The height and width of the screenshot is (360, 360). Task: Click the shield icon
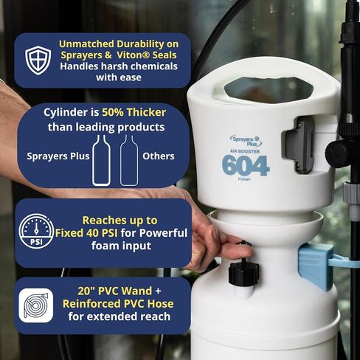(38, 60)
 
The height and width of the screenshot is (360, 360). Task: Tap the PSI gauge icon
(36, 231)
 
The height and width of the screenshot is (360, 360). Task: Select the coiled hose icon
(36, 305)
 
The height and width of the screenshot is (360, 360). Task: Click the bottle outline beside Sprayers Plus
(101, 160)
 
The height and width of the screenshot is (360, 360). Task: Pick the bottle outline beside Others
(129, 160)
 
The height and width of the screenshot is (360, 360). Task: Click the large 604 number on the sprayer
(246, 165)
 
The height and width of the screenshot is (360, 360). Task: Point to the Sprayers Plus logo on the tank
(246, 141)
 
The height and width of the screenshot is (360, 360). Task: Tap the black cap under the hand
(243, 271)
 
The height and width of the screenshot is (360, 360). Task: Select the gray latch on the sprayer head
(299, 145)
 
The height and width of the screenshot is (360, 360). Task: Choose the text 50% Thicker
(134, 112)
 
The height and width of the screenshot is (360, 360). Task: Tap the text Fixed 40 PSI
(86, 233)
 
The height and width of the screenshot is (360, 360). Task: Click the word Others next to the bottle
(159, 156)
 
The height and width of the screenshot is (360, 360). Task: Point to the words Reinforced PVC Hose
(118, 304)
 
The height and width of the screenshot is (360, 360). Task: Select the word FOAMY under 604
(244, 179)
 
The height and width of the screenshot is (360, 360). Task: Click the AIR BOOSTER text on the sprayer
(245, 151)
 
